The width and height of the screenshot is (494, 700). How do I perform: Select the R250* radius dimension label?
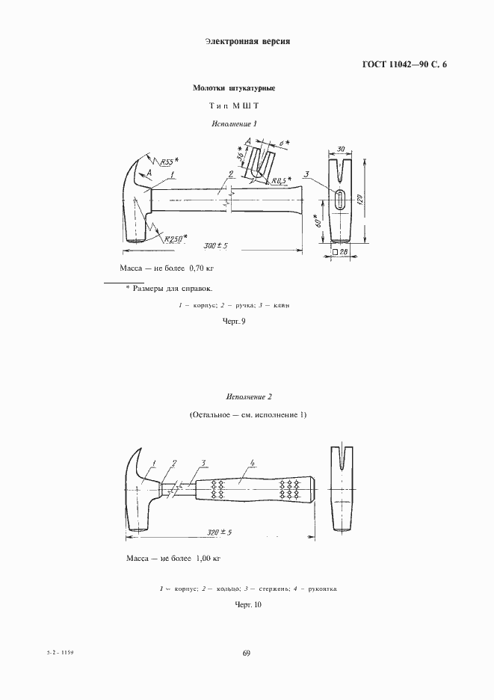click(x=176, y=239)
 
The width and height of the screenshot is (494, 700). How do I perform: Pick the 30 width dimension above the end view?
click(x=341, y=150)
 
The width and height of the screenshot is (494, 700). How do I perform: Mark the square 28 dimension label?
click(x=340, y=253)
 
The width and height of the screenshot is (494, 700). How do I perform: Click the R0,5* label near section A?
click(x=281, y=180)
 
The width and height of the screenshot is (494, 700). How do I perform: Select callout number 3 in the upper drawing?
click(x=307, y=175)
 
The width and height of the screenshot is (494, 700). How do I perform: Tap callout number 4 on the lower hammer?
click(x=254, y=461)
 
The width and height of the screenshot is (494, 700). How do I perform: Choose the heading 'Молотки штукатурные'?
click(x=234, y=88)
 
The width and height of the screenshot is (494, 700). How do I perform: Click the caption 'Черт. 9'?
click(x=234, y=321)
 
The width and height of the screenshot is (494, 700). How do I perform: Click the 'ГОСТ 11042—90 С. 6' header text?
click(x=404, y=64)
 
